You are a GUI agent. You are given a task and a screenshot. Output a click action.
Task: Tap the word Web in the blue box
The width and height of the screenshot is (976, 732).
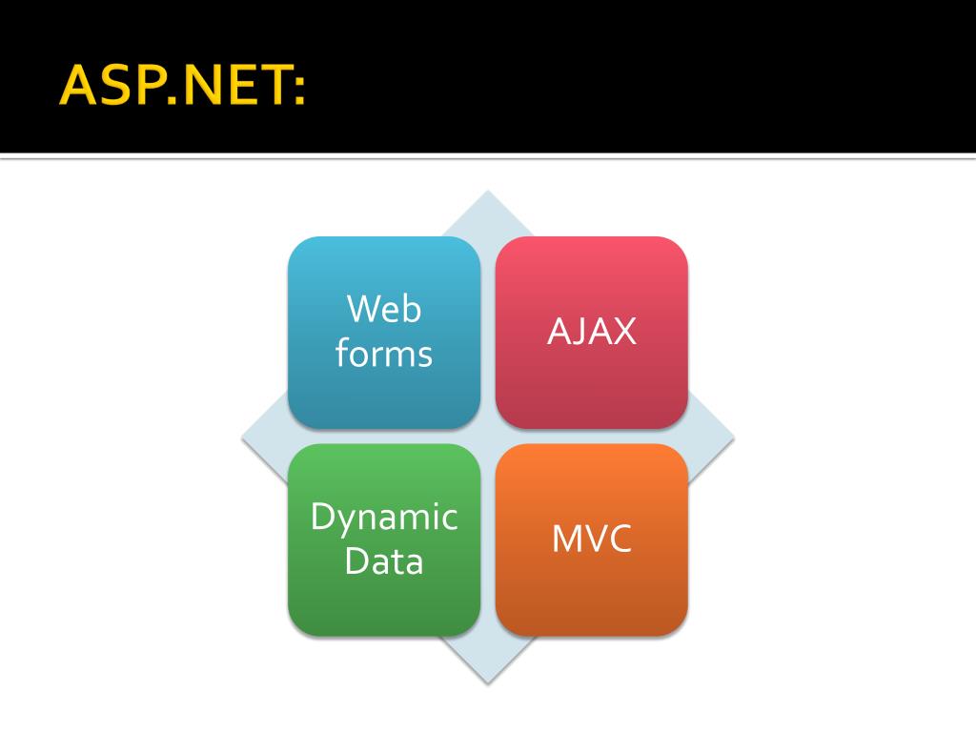384,309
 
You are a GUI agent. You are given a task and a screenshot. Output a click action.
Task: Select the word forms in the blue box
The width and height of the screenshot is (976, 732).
384,354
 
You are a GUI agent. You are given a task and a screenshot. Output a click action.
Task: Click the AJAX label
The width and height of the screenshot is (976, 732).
592,332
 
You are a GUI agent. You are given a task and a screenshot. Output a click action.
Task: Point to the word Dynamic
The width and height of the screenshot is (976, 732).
384,518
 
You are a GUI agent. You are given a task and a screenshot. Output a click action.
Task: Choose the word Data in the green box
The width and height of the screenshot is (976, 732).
384,560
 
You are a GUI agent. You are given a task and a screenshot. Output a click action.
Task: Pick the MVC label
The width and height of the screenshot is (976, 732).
592,539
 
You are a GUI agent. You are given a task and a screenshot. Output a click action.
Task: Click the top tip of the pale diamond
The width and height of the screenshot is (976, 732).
488,193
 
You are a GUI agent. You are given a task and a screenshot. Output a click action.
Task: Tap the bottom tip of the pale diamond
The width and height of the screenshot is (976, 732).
488,681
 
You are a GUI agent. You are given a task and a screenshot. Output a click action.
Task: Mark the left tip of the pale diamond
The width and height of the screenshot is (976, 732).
244,437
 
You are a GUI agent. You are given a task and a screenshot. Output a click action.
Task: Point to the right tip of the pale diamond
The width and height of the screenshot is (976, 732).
732,437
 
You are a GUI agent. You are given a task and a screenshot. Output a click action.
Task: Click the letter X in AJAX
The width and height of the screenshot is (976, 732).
623,332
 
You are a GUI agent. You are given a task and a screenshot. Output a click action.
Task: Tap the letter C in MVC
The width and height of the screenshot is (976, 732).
620,539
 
